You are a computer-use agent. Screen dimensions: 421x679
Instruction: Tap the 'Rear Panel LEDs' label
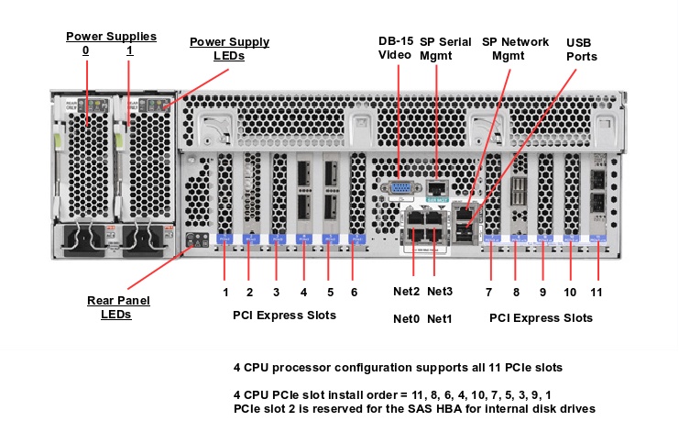(118, 307)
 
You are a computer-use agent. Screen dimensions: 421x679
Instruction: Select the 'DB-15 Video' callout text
(396, 49)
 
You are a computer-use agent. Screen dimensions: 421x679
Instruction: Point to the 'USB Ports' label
(582, 50)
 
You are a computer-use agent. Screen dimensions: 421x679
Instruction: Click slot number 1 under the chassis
(225, 292)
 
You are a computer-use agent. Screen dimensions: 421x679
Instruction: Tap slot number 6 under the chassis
(354, 292)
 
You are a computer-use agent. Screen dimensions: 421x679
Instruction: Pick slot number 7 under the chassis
(489, 292)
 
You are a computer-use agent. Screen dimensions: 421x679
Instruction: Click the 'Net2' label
(407, 292)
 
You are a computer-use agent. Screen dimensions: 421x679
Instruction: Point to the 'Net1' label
(440, 318)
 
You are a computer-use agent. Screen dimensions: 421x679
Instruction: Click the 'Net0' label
(407, 318)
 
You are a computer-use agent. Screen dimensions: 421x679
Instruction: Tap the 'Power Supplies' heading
(111, 37)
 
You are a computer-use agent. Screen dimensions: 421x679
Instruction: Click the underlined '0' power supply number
(85, 50)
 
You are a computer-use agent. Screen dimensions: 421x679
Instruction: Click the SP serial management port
(437, 187)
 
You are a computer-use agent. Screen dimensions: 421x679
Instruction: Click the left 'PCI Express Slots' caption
(284, 316)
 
